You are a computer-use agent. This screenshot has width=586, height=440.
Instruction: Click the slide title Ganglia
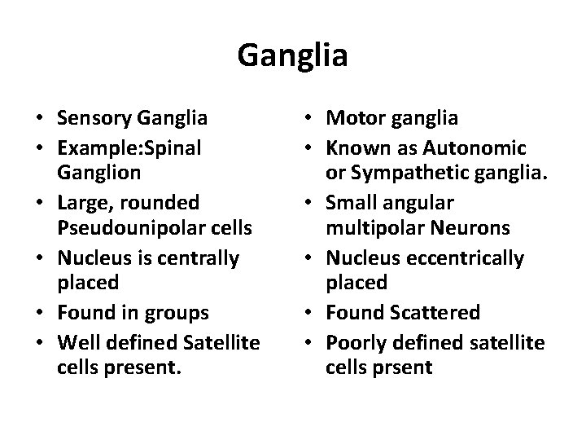pyautogui.click(x=293, y=55)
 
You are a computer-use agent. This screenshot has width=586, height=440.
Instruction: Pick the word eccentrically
pyautogui.click(x=466, y=257)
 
